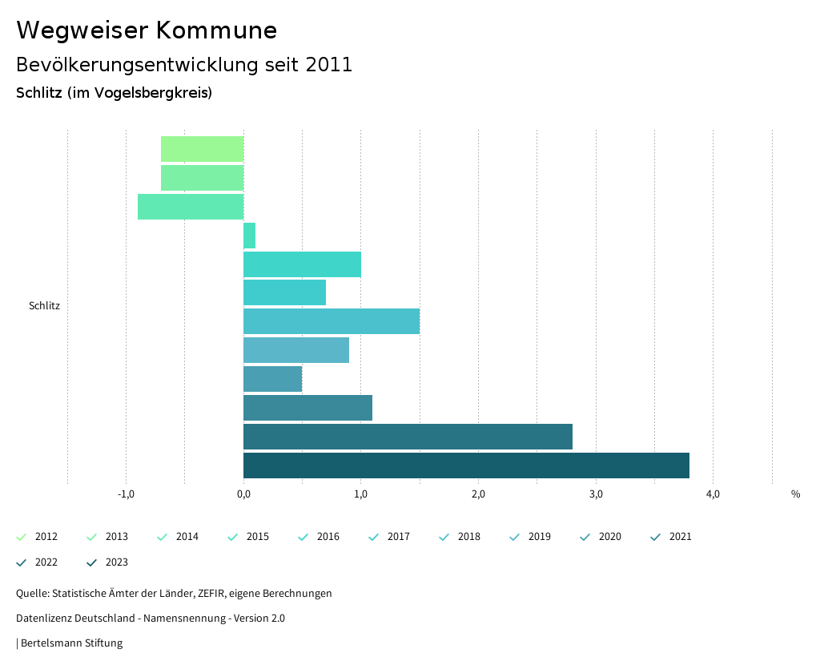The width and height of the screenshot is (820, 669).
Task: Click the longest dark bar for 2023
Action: pyautogui.click(x=466, y=465)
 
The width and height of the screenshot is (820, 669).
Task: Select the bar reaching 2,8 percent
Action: pyautogui.click(x=408, y=437)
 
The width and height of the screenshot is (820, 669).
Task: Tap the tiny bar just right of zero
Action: pyautogui.click(x=249, y=236)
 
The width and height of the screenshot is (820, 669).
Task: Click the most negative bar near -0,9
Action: pyautogui.click(x=191, y=207)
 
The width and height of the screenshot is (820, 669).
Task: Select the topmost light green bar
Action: pyautogui.click(x=202, y=149)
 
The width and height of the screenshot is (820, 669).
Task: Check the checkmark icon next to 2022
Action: pyautogui.click(x=22, y=562)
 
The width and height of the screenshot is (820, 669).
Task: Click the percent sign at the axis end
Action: pyautogui.click(x=795, y=494)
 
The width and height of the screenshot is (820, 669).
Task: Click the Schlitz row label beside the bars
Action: pyautogui.click(x=44, y=305)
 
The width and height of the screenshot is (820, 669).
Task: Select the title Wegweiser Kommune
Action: pyautogui.click(x=147, y=30)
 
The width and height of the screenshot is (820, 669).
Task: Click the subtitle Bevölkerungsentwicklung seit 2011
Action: pyautogui.click(x=184, y=65)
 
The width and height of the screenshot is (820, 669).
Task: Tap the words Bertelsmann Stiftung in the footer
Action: pyautogui.click(x=71, y=643)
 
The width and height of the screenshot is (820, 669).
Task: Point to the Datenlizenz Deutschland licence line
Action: pyautogui.click(x=151, y=618)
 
